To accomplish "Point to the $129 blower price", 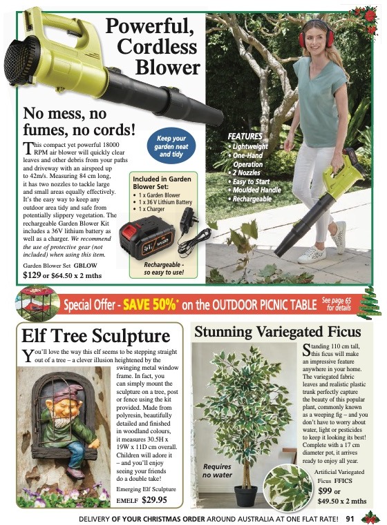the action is click(x=32, y=275).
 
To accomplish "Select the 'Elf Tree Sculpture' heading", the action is click(x=96, y=337).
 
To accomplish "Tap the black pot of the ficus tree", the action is click(x=245, y=495).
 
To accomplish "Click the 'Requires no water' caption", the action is click(x=217, y=470).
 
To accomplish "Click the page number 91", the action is click(x=350, y=517).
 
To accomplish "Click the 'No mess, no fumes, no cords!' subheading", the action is click(x=79, y=121).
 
